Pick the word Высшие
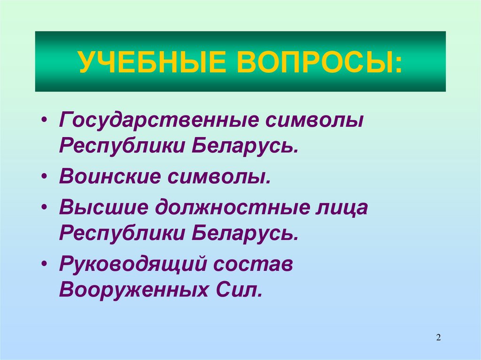(103, 207)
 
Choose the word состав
(254, 264)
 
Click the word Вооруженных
(129, 289)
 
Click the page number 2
(438, 337)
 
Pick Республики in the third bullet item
(121, 233)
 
